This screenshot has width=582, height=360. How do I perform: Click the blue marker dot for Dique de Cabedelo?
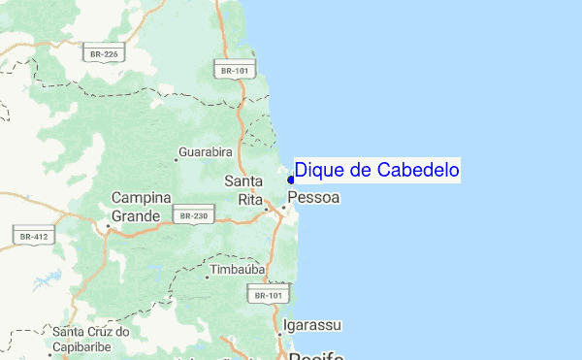[x=291, y=179]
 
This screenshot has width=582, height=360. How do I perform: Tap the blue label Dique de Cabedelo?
[x=377, y=171]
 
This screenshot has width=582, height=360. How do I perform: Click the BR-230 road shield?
[x=193, y=214]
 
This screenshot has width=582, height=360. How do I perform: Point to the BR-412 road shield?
[x=31, y=235]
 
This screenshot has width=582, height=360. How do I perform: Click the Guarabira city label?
[x=208, y=153]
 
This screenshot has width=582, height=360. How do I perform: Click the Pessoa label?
[x=314, y=198]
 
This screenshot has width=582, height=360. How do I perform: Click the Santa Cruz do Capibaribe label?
[x=97, y=339]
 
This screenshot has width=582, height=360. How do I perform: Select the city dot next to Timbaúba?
[x=207, y=277]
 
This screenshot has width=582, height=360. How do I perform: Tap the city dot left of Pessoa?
[x=283, y=208]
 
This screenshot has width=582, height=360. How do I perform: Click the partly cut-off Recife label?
[x=315, y=355]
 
